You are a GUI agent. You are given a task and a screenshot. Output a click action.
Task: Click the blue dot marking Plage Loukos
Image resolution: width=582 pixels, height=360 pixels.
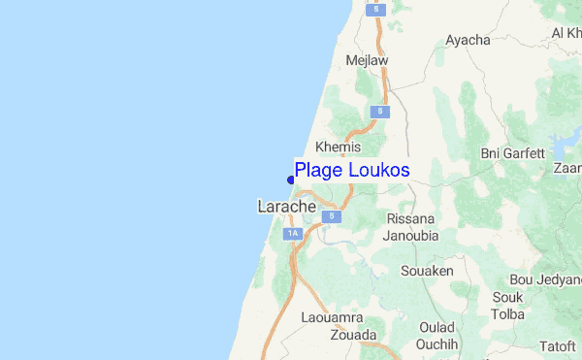(x=291, y=179)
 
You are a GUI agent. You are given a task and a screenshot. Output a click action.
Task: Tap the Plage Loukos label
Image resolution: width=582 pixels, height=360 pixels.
(x=352, y=171)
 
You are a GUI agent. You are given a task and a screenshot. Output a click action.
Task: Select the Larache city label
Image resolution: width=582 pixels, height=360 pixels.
(x=286, y=207)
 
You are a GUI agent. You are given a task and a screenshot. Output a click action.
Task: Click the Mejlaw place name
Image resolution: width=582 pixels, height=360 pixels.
(x=367, y=60)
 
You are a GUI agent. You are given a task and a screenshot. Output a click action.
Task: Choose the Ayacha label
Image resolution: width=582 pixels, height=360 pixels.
(x=468, y=41)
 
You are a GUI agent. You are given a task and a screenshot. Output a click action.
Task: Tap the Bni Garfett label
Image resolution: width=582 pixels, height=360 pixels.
(x=513, y=153)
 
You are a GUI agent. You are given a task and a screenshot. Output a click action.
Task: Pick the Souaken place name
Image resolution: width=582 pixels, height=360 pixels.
(x=427, y=271)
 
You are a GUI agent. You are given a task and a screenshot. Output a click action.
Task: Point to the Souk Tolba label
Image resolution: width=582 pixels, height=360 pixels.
(x=508, y=306)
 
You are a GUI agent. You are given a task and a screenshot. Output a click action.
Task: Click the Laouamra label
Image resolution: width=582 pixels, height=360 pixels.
(x=333, y=318)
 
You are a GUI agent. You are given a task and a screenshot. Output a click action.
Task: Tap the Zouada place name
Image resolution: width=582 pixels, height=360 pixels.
(x=353, y=335)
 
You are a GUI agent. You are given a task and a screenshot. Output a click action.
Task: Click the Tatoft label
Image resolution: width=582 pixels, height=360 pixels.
(x=558, y=344)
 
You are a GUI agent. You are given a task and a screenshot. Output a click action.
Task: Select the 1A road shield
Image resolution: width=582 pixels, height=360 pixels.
(x=293, y=234)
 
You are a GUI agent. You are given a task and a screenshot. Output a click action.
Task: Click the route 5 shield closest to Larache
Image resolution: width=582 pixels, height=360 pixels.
(x=333, y=215)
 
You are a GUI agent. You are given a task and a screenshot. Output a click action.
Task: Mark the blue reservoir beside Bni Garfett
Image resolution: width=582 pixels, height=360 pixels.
(x=560, y=147)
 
